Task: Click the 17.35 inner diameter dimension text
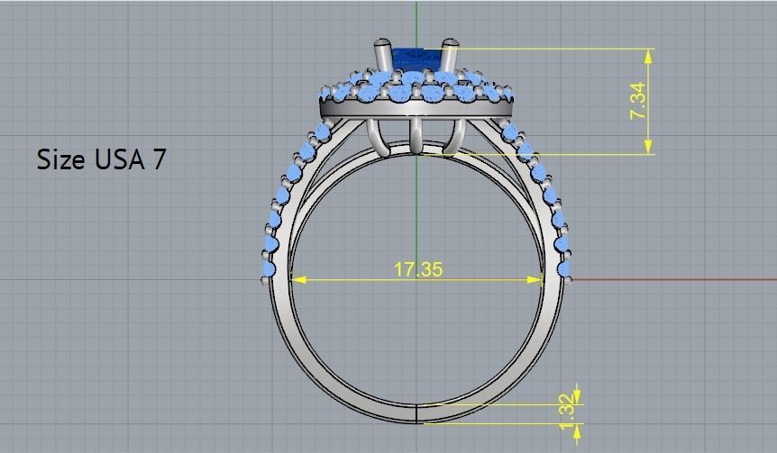tap(418, 269)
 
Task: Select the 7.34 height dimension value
tap(637, 101)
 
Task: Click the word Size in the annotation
tap(62, 159)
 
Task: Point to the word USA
tap(120, 159)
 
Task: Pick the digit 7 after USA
tap(160, 159)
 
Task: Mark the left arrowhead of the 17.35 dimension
tap(298, 280)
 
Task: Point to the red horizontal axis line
tap(676, 279)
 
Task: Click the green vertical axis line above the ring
tap(416, 18)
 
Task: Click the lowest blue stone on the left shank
tap(268, 269)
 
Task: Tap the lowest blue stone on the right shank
tap(565, 268)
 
